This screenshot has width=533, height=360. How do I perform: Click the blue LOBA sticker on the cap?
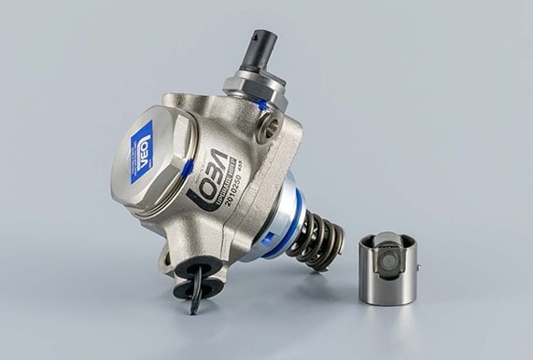coord(141,151)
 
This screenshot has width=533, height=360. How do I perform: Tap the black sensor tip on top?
coord(260,48)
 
